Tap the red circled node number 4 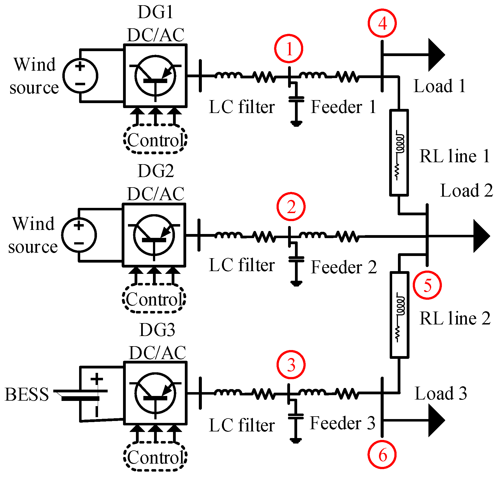(382, 23)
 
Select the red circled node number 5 (427, 285)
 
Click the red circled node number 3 (291, 365)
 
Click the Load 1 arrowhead (435, 55)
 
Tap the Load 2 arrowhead (481, 236)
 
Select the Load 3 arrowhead (435, 420)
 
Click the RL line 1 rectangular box (399, 153)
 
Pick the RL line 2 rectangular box (399, 315)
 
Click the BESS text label (27, 394)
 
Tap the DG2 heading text (155, 171)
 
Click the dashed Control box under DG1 (155, 139)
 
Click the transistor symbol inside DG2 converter (154, 235)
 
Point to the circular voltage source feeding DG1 (80, 75)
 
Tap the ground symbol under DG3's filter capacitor (296, 440)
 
